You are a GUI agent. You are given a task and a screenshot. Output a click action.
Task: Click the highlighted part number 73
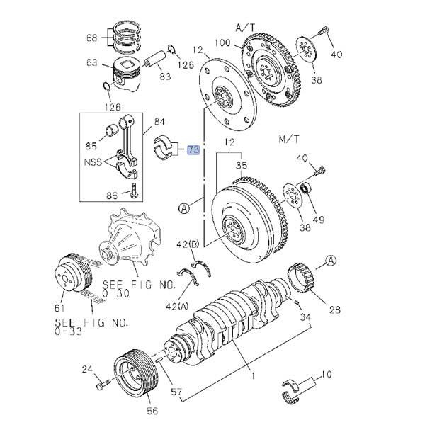(193, 149)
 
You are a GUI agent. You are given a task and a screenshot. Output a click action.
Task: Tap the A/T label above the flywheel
(245, 28)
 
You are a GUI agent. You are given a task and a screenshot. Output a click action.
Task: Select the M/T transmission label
(289, 140)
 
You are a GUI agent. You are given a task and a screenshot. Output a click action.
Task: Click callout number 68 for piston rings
(91, 38)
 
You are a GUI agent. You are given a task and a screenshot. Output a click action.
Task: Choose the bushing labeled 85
(111, 129)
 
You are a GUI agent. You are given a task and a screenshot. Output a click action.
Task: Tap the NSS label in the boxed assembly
(93, 162)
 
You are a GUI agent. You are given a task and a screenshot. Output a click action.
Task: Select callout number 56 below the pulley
(152, 411)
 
